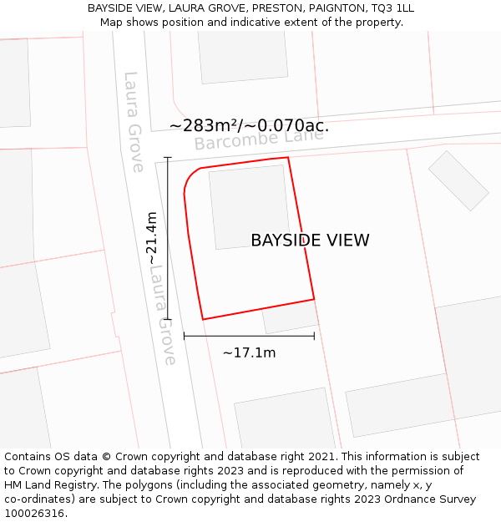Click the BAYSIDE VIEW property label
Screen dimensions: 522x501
click(x=310, y=241)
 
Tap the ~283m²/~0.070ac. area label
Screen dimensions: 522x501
click(x=249, y=126)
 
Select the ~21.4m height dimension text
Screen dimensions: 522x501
click(x=151, y=239)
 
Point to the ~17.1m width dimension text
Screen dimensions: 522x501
click(x=249, y=352)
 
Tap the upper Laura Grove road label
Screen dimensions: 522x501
click(x=134, y=122)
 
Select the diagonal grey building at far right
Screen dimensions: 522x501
click(x=458, y=180)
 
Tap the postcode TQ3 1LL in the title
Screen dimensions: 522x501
click(x=392, y=8)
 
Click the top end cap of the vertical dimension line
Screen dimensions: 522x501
click(x=168, y=157)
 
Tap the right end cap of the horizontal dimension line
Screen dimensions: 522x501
click(x=314, y=336)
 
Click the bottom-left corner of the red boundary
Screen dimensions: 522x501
click(x=203, y=319)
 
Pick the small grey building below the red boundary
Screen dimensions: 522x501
click(x=291, y=317)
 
